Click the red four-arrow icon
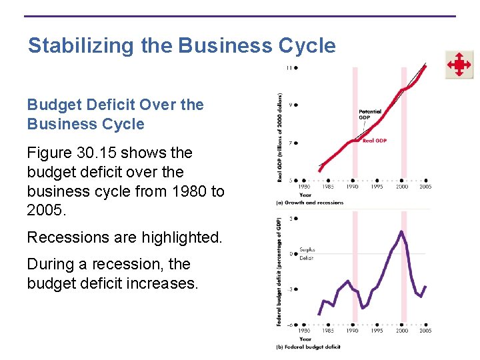click(x=459, y=65)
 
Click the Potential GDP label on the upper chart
click(x=370, y=115)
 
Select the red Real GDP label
click(x=375, y=141)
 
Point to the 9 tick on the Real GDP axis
click(x=291, y=105)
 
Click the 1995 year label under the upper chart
click(x=377, y=187)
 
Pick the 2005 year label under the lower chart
click(x=425, y=331)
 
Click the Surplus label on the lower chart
click(x=307, y=250)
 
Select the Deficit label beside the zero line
click(x=307, y=257)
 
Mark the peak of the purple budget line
click(x=401, y=231)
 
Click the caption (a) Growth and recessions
click(x=310, y=203)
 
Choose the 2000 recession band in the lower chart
click(x=403, y=280)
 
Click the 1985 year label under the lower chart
click(x=328, y=331)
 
